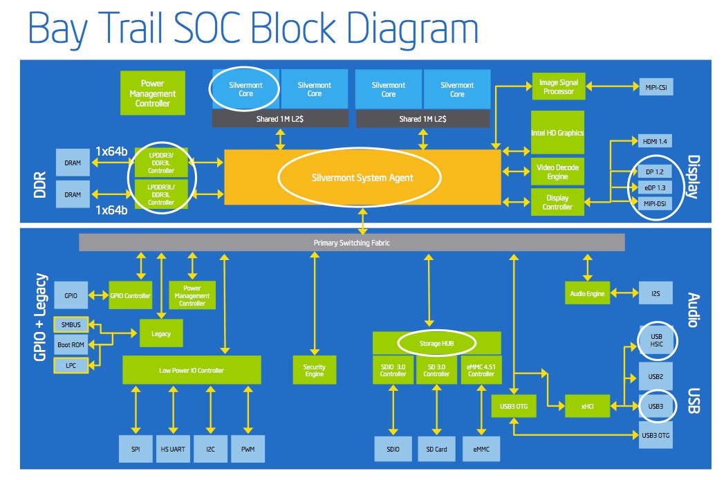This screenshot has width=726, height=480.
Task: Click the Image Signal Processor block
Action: pos(559,86)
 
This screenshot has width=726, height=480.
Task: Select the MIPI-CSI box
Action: pos(656,87)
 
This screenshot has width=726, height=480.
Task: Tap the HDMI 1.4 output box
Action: pos(655,141)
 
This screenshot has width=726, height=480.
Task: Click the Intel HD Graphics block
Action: pos(557,133)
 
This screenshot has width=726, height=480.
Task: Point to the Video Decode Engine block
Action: pos(557,172)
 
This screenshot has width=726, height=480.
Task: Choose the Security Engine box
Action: pos(315,370)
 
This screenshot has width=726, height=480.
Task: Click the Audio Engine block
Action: pos(587,293)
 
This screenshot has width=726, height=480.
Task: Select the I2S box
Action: pos(655,293)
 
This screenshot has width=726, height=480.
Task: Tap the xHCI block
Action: pos(587,406)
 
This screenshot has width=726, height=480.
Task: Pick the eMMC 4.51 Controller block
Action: pos(481,370)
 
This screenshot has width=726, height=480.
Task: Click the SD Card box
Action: pos(436,449)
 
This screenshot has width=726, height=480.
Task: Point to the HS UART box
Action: pos(173,449)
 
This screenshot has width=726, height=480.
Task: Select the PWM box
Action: pos(248,449)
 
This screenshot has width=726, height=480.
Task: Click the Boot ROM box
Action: pos(71,344)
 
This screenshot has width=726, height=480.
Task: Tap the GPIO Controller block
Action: pos(130,295)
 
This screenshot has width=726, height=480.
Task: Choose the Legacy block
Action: pos(161,333)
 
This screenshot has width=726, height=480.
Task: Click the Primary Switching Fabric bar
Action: pos(352,243)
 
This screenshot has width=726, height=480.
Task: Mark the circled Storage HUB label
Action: pos(436,343)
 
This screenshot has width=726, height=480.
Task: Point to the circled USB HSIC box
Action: pos(657,340)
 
